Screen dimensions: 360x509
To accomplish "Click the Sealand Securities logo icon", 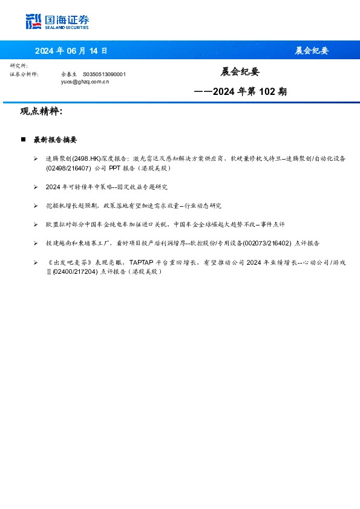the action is (x=33, y=21).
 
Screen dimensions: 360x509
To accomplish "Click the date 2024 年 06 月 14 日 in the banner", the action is (x=71, y=50).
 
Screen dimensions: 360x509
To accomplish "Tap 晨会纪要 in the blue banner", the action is (x=311, y=50).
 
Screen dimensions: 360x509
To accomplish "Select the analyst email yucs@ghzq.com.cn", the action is (x=85, y=80).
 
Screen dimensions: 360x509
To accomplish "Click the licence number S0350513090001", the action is (x=104, y=74).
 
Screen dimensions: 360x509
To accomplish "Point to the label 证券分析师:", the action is (x=24, y=74).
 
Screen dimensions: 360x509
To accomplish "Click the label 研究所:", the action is (x=19, y=65).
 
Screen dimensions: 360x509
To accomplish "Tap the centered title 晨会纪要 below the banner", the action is (x=240, y=72).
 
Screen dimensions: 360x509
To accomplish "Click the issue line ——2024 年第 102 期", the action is (x=240, y=92).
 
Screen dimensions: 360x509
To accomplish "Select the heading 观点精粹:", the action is (x=41, y=112).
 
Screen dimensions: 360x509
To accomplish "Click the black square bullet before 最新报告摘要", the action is (x=23, y=140).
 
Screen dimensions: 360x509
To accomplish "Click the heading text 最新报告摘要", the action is (x=55, y=140).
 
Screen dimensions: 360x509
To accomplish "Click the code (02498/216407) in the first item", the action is (x=68, y=168).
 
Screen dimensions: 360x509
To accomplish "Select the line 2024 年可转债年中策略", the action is (x=106, y=187).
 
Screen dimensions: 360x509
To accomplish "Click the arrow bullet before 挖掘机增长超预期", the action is (x=37, y=206).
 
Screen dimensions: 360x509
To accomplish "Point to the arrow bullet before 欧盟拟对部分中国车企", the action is (x=37, y=224).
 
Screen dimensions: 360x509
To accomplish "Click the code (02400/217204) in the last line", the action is (x=75, y=272).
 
